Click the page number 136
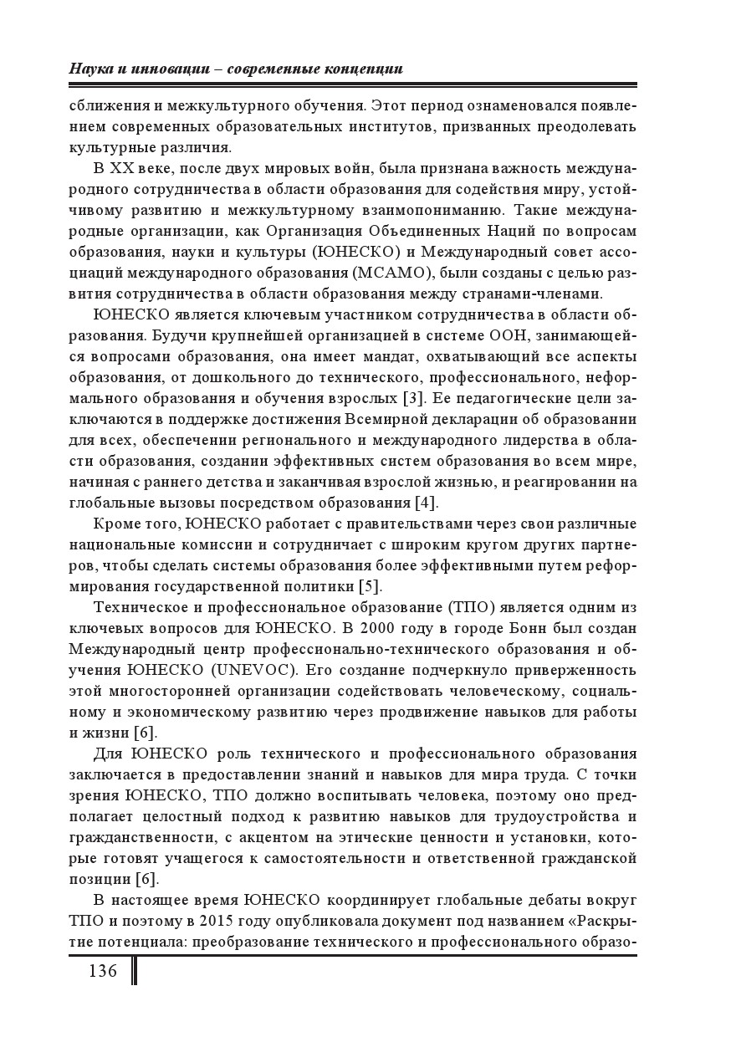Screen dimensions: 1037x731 point(100,972)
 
